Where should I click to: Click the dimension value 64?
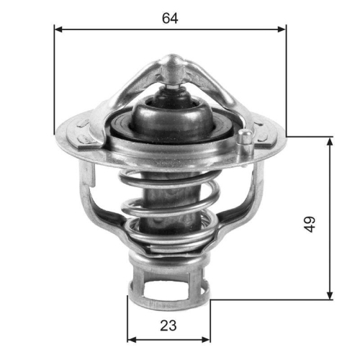(x=170, y=19)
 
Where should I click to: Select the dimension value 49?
(x=310, y=225)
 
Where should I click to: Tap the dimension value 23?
(x=168, y=325)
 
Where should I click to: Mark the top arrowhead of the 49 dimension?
(x=330, y=140)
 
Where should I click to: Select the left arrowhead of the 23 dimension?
(x=131, y=338)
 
